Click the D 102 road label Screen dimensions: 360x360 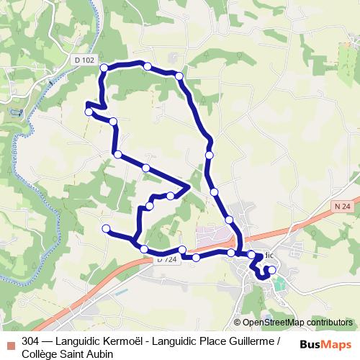click(x=84, y=60)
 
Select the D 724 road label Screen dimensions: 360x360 click(x=166, y=259)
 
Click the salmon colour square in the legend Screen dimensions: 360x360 click(x=9, y=342)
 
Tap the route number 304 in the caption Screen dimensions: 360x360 click(x=31, y=341)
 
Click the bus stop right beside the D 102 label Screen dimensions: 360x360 click(x=104, y=68)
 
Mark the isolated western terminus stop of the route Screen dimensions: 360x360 click(x=106, y=229)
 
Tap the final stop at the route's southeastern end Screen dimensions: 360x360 click(x=271, y=270)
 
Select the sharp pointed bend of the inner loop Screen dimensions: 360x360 click(x=189, y=186)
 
